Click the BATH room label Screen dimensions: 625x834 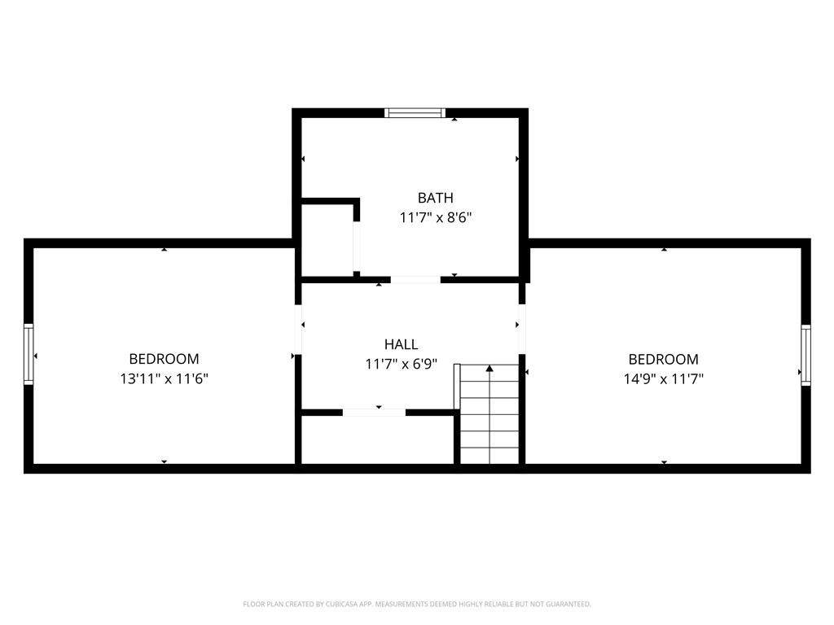click(435, 198)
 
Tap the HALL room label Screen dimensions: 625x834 click(401, 344)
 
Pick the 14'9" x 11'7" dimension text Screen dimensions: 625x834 click(663, 378)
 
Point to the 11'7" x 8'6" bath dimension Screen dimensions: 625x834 click(435, 217)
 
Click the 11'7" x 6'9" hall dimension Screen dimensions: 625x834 click(401, 364)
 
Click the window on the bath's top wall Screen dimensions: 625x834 click(415, 113)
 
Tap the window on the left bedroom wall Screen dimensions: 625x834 click(29, 354)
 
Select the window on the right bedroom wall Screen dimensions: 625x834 click(805, 354)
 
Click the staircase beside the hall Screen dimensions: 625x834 click(489, 415)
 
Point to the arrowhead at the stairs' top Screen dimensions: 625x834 click(489, 369)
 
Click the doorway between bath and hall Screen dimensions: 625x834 click(415, 280)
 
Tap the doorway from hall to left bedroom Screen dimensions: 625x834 click(298, 330)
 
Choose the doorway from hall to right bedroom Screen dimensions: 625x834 click(521, 330)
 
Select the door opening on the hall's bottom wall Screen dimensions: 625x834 click(374, 413)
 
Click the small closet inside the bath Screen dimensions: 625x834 click(327, 238)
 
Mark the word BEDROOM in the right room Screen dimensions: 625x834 click(663, 359)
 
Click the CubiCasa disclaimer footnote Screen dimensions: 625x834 click(416, 604)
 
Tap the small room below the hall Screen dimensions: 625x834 click(377, 439)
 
